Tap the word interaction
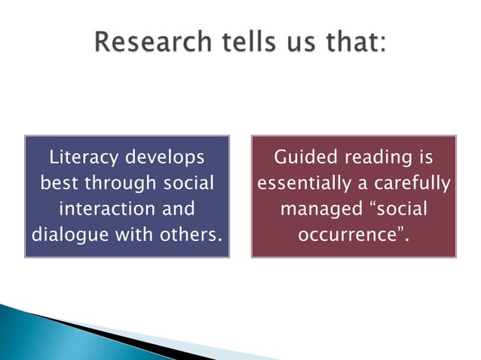click(x=106, y=209)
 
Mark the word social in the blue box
click(x=185, y=184)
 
